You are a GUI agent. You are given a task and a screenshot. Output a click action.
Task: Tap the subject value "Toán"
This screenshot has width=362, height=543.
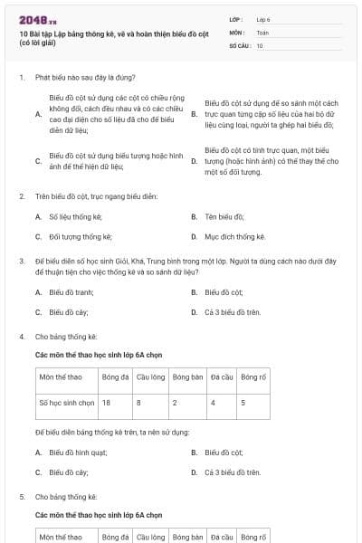click(262, 32)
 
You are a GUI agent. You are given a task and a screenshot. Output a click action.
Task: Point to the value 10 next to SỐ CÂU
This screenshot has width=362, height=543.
click(260, 44)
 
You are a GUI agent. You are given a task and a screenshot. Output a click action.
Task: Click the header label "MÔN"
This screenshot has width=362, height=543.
click(236, 32)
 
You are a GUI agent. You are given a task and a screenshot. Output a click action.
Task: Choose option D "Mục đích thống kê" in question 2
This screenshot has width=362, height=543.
click(235, 236)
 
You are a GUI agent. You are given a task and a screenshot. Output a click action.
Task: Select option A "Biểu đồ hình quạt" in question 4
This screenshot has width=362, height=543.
click(78, 452)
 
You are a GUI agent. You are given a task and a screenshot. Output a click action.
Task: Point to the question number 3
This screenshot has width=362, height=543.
click(21, 260)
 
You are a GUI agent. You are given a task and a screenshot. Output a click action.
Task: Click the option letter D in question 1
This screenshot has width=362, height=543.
click(195, 161)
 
